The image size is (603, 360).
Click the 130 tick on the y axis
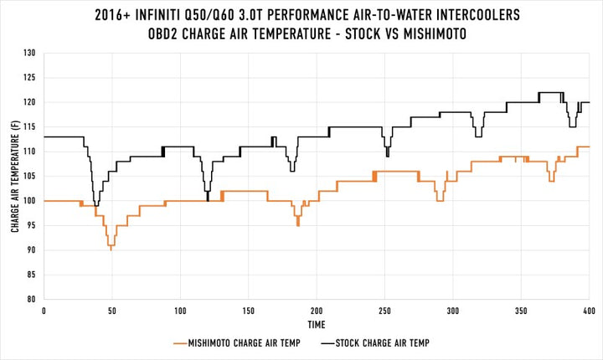33,53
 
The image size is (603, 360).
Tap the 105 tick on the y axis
33,176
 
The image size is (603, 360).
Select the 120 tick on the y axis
33,102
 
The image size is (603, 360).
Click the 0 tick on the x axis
44,310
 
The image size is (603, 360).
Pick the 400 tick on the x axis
589,310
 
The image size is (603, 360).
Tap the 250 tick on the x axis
384,310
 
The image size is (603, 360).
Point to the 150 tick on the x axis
248,310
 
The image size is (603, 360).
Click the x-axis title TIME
316,324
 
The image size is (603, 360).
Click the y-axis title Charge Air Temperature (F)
15,176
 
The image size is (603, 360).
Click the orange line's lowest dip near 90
111,249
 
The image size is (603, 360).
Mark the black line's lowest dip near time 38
96,204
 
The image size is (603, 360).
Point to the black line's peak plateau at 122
549,92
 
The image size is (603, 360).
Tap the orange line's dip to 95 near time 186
297,224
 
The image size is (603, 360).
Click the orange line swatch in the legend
183,343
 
